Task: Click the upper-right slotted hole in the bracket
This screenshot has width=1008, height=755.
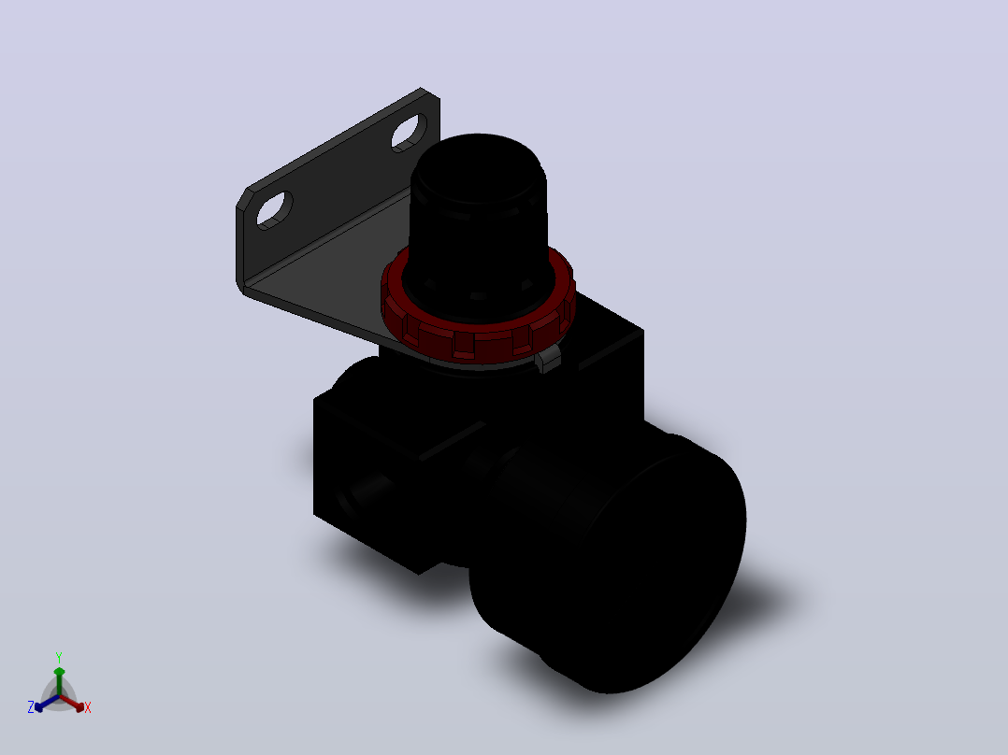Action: [x=409, y=133]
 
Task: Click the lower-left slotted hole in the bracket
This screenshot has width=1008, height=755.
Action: [x=275, y=210]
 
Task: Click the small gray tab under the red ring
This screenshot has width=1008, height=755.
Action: [x=548, y=359]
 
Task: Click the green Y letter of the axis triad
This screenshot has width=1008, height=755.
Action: [x=59, y=657]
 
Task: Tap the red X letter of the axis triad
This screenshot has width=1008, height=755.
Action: [x=88, y=707]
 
